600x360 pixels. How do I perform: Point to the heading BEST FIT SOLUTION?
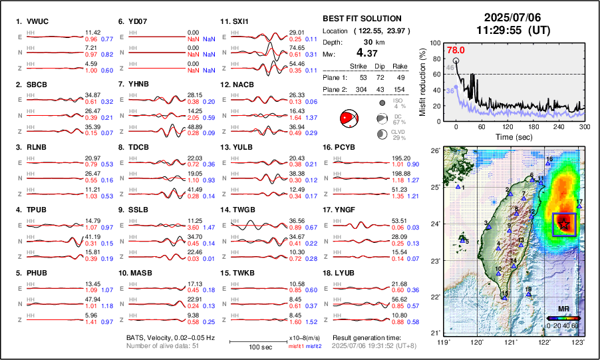[x=361, y=19]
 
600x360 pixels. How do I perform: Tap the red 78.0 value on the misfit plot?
[x=455, y=50]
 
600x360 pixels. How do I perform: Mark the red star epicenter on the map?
[x=564, y=224]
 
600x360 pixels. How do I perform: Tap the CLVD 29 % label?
[x=400, y=134]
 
